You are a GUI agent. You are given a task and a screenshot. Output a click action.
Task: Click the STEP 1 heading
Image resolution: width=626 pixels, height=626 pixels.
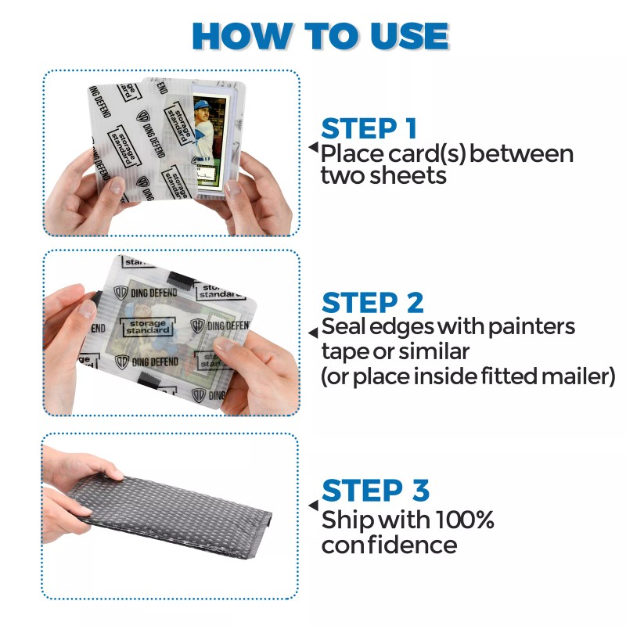(369, 128)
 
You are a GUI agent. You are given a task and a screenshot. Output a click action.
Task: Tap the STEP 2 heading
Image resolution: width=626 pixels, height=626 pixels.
(372, 302)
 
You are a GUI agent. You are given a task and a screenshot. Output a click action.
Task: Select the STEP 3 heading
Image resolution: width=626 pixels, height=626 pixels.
(375, 491)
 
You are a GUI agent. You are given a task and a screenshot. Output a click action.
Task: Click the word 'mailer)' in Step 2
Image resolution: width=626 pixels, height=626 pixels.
(577, 377)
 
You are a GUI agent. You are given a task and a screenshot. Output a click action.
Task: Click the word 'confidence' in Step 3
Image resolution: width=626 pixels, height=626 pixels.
(389, 545)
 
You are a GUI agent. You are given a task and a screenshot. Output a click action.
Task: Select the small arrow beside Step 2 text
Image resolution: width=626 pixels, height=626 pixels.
(312, 326)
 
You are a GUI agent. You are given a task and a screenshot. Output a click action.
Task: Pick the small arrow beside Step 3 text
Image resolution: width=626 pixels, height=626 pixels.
(312, 507)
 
